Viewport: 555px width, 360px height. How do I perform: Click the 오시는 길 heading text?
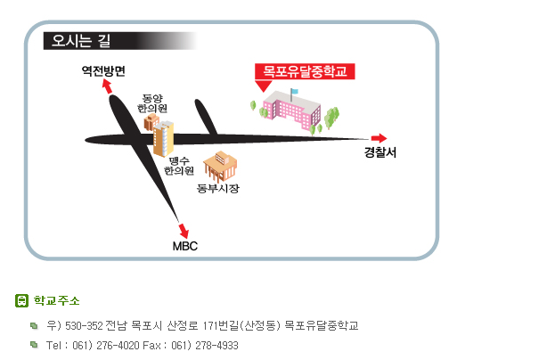(81, 41)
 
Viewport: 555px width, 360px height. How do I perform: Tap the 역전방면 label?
(103, 71)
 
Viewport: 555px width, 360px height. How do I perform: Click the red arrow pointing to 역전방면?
(107, 86)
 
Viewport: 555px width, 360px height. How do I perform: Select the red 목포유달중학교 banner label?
(305, 71)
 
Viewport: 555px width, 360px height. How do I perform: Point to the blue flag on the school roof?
(295, 91)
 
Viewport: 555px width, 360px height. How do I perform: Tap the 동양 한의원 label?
(152, 103)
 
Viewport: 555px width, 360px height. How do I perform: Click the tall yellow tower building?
(163, 139)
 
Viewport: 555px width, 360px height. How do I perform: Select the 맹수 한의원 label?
(179, 166)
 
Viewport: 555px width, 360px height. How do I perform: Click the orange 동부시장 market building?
(220, 166)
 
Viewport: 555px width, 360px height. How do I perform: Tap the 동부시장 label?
(218, 188)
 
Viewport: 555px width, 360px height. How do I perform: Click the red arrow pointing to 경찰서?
(380, 138)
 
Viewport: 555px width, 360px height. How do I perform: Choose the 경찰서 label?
(380, 152)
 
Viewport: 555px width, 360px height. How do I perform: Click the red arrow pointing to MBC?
(184, 231)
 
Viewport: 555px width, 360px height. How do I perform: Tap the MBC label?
(184, 246)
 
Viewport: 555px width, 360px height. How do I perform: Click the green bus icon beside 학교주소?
(21, 300)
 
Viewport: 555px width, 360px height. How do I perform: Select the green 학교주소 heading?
(57, 300)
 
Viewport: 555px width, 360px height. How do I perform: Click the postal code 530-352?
(84, 325)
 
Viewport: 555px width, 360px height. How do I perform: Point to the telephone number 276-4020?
(118, 345)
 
